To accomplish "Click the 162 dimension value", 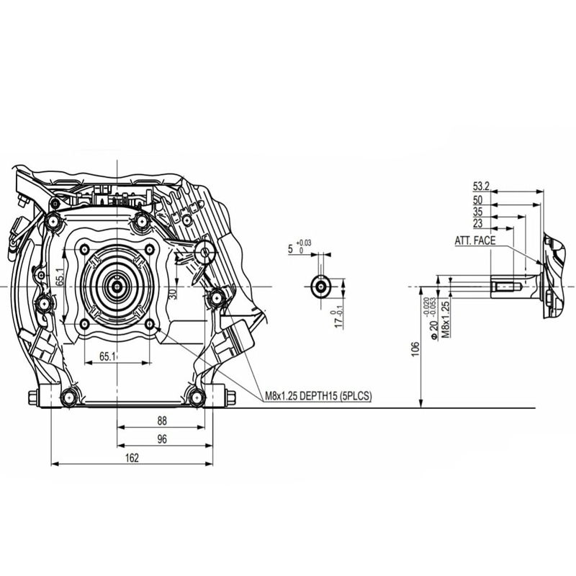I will tap(130, 456).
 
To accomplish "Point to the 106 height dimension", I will tap(415, 348).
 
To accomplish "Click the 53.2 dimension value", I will tap(482, 186).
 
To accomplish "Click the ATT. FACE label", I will tap(474, 240).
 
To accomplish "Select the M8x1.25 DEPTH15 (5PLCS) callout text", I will tap(318, 395).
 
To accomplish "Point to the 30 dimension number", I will tap(172, 294).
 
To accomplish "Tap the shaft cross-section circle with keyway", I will tap(319, 286).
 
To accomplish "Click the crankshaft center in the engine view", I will tap(116, 286).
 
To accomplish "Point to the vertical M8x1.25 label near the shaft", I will tap(446, 319).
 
